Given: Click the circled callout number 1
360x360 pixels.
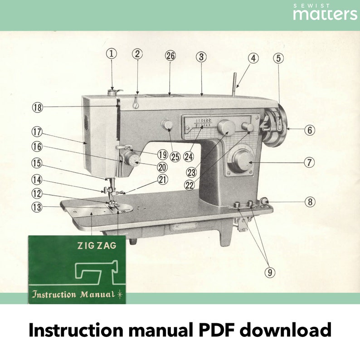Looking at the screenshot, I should [112, 54].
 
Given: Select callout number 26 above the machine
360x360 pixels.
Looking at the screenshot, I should [170, 56].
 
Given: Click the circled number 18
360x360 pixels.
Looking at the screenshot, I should [38, 107].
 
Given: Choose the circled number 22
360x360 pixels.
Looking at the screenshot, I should [190, 185].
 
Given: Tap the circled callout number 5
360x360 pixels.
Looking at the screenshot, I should [278, 58].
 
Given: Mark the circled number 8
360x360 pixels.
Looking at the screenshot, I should [310, 202].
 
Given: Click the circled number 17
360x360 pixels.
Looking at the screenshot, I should [37, 132].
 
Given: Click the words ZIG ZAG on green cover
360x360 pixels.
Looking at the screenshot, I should [97, 246].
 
